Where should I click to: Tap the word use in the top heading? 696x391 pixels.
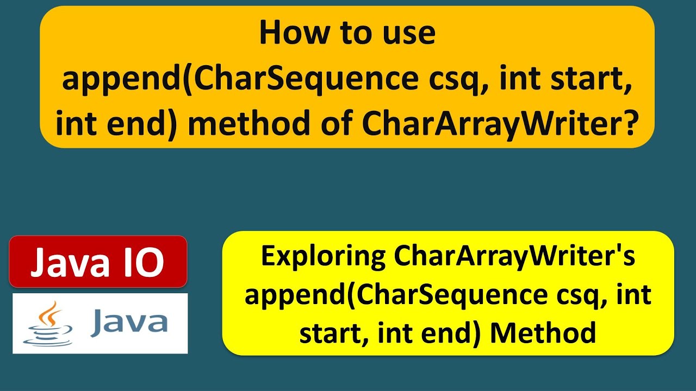coord(409,33)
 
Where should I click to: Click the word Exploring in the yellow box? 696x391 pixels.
coord(324,257)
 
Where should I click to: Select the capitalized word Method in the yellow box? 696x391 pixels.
coord(542,333)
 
